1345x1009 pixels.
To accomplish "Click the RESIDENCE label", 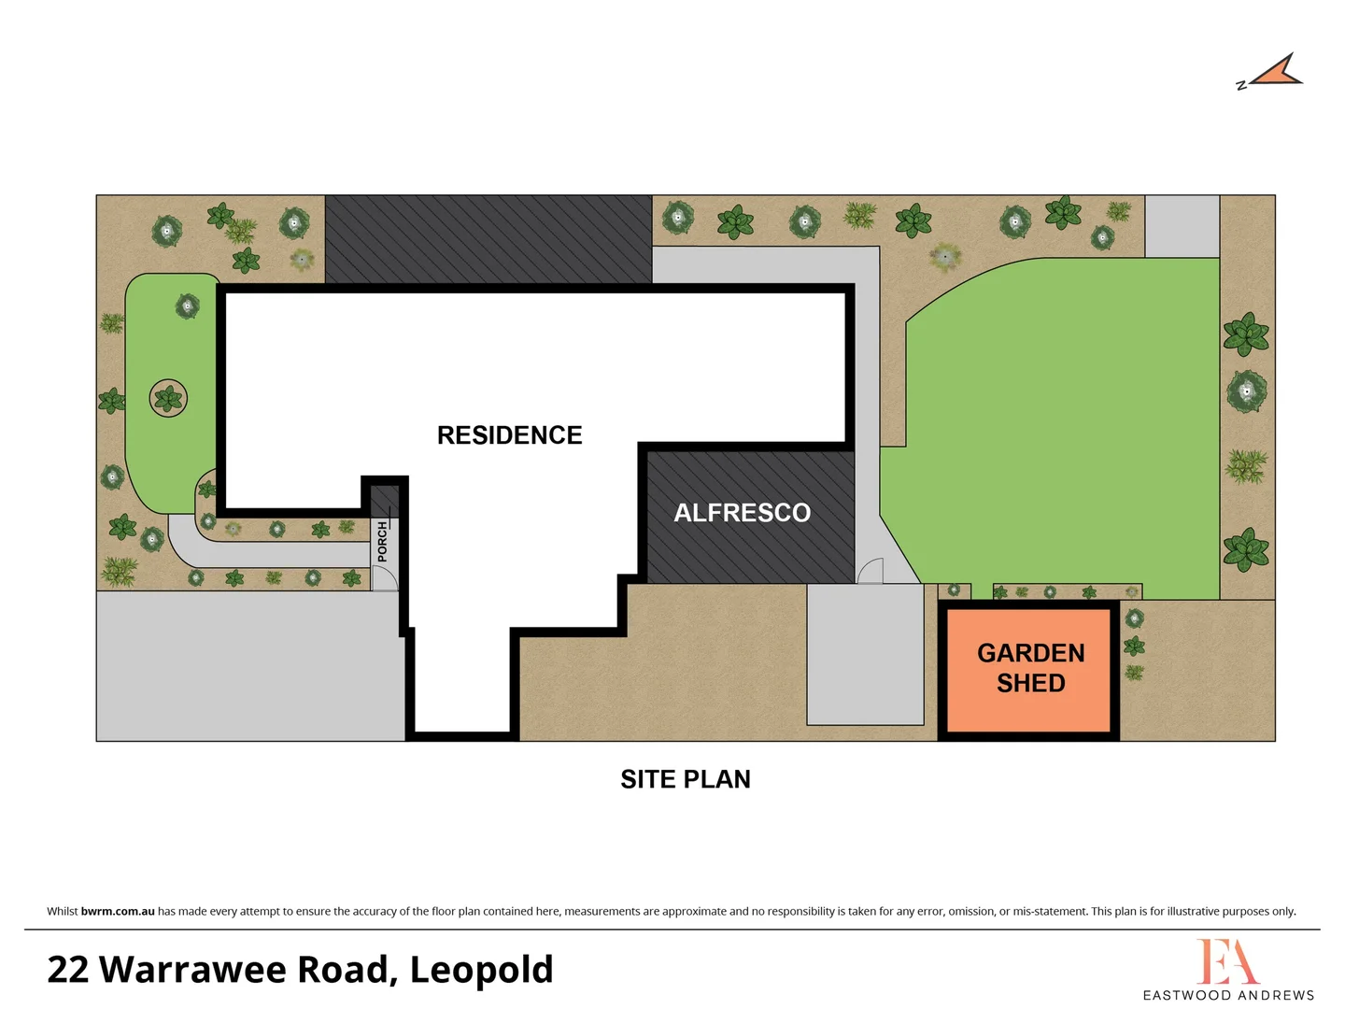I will [509, 435].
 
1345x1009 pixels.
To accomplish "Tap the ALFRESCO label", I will [742, 513].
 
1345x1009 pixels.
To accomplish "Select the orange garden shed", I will [1029, 668].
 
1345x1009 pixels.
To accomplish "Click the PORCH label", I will [382, 542].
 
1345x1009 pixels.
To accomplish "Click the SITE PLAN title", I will [685, 779].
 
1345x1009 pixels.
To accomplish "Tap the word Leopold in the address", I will [481, 970].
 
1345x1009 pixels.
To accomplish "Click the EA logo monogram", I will [1227, 961].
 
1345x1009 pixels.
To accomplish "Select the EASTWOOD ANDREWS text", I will [1228, 995].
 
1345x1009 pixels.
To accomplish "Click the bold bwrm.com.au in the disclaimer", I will [118, 911].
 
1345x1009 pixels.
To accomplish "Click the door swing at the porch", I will [384, 579].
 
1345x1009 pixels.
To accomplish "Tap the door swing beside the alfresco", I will [871, 571].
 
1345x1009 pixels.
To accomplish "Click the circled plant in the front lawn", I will [168, 399].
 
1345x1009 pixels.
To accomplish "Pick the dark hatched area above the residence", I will [488, 239].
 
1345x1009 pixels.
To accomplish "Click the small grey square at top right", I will [1182, 226].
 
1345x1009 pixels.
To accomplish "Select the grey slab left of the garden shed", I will [865, 654].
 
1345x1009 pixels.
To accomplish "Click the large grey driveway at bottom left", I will [249, 666].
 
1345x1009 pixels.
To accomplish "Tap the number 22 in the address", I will [67, 970].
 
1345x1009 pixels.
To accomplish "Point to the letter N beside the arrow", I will [1241, 85].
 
